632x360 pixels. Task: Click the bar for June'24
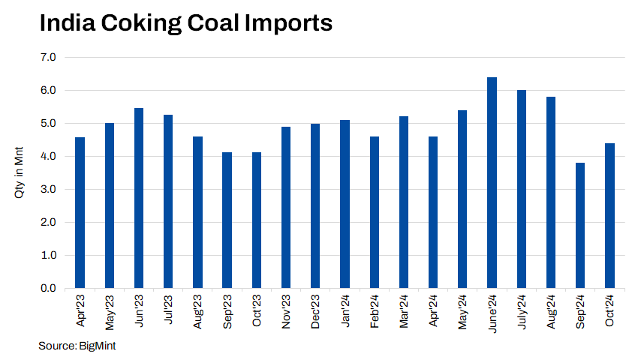tap(492, 183)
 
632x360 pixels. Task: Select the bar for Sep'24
tap(581, 225)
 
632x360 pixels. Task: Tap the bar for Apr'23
tap(80, 212)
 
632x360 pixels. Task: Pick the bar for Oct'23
tap(256, 220)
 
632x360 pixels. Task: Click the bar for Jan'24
tap(345, 204)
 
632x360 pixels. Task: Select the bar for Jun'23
tap(139, 198)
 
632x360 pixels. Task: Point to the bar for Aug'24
tap(551, 193)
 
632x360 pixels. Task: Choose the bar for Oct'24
tap(610, 215)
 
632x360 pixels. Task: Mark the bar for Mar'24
tap(404, 202)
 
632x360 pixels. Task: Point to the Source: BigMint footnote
tap(77, 346)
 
